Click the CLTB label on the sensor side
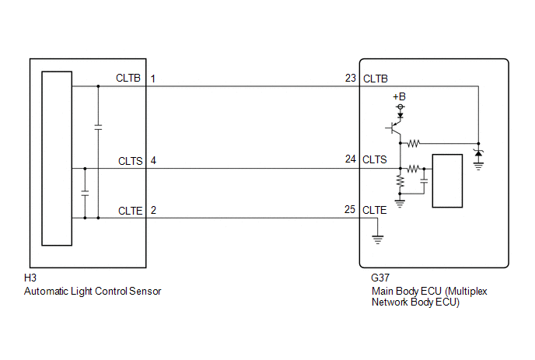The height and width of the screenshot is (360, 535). coord(130,79)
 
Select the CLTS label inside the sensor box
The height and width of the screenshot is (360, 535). coord(130,162)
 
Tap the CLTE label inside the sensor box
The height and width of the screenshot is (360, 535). coord(130,210)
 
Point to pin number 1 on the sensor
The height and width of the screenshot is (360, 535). coord(153,79)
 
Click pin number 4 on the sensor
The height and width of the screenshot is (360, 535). coord(153,162)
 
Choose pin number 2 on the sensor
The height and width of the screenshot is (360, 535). coord(153,210)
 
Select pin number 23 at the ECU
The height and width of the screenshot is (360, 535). coord(351,79)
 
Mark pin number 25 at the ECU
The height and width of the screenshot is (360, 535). coord(351,210)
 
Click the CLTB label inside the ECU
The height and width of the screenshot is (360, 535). coord(376,79)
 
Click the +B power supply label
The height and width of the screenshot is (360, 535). coord(400,96)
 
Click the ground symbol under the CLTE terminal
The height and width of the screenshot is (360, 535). coord(378,239)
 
